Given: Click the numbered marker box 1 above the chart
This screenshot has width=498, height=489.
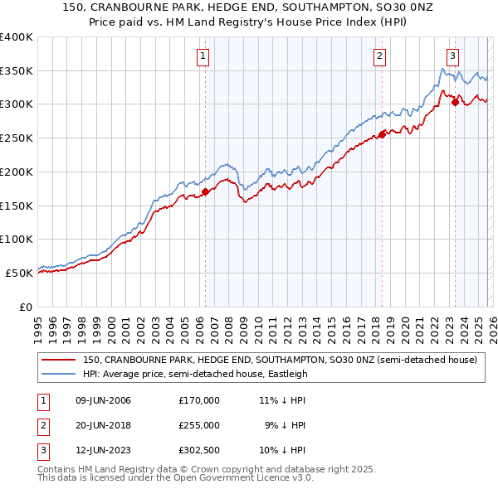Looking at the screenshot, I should pos(203,56).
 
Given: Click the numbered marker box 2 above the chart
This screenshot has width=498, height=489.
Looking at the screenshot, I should pos(379,56).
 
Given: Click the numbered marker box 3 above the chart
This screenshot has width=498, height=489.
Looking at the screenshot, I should pos(452,56).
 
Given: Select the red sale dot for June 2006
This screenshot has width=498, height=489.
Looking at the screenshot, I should pos(205,193).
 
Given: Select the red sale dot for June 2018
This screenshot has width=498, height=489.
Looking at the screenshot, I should pos(382,134).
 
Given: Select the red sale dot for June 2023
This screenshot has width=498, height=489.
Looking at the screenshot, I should pos(455,102).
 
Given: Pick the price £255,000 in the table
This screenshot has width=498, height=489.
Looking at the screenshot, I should pos(199,425).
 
